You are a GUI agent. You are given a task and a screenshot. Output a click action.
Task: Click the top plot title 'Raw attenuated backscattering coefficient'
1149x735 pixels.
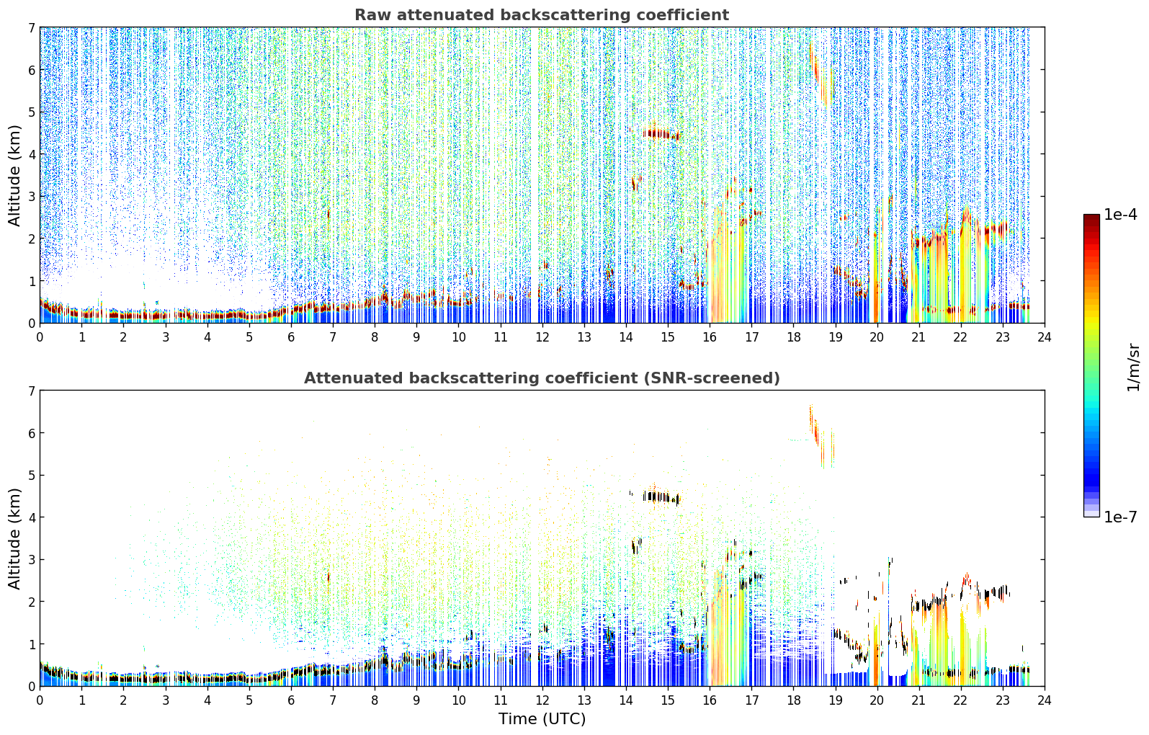(x=542, y=15)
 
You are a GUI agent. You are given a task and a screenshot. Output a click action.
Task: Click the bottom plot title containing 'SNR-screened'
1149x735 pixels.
(x=542, y=378)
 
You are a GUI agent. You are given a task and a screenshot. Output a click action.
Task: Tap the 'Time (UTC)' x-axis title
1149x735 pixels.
(x=542, y=718)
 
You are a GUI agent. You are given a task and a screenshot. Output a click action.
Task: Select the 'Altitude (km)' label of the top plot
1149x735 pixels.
(x=14, y=176)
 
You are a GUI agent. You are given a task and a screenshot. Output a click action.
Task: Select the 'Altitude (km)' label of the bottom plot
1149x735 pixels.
(x=14, y=538)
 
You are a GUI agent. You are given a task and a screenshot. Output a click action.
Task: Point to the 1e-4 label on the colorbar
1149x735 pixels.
(x=1120, y=215)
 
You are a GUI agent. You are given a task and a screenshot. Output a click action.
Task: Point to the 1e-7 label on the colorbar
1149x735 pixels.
(x=1120, y=517)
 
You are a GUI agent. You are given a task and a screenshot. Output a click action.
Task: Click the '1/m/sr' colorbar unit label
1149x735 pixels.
(x=1133, y=367)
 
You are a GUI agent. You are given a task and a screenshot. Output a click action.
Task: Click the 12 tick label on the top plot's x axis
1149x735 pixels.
(x=542, y=337)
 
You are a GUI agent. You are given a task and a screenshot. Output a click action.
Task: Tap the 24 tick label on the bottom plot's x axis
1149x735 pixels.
(x=1045, y=700)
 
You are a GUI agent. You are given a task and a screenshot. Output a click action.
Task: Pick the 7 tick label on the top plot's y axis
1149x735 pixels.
(x=32, y=27)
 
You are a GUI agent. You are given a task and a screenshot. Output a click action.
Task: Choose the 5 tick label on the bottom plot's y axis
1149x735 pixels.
(x=32, y=476)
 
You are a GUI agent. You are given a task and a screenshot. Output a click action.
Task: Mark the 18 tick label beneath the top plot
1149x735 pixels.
(x=794, y=337)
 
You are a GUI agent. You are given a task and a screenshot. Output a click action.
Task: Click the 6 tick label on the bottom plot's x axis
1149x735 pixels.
(x=291, y=700)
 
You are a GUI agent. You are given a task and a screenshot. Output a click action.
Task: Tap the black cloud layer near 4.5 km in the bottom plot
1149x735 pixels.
(x=661, y=496)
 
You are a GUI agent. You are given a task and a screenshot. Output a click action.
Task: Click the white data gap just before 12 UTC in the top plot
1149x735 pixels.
(x=535, y=174)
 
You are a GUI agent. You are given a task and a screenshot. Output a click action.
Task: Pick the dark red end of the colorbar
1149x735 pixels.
(x=1091, y=218)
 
